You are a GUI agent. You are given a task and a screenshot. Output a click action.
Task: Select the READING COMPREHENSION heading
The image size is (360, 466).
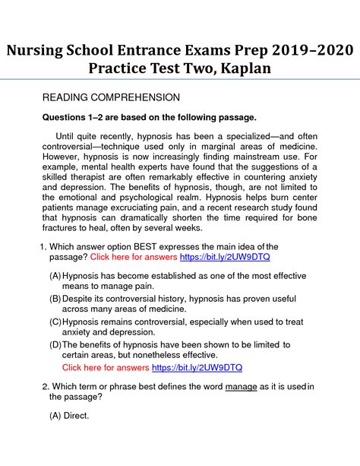(110, 97)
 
